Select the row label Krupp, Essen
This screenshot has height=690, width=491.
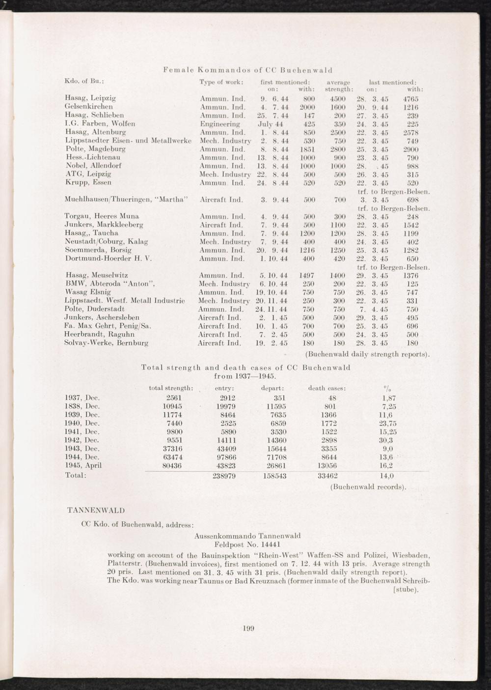pos(88,182)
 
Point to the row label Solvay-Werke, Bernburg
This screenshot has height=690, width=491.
pos(107,343)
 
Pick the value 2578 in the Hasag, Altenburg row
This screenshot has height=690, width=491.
pos(410,132)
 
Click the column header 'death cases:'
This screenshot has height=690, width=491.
pos(327,388)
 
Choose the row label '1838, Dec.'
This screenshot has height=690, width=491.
pos(82,406)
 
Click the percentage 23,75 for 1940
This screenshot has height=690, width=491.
pos(385,423)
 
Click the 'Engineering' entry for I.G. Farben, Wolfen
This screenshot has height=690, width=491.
pos(220,124)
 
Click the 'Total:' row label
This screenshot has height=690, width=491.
pos(76,476)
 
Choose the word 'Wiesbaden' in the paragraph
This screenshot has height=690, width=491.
pos(412,555)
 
